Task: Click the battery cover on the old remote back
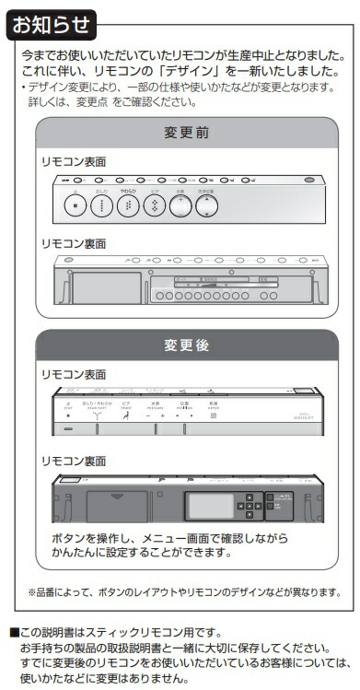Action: pyautogui.click(x=105, y=287)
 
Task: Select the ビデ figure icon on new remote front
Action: pyautogui.click(x=125, y=416)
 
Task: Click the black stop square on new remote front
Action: pyautogui.click(x=67, y=415)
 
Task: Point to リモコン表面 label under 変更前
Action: pyautogui.click(x=74, y=161)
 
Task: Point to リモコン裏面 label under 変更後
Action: pyautogui.click(x=74, y=459)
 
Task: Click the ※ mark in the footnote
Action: pyautogui.click(x=30, y=591)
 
